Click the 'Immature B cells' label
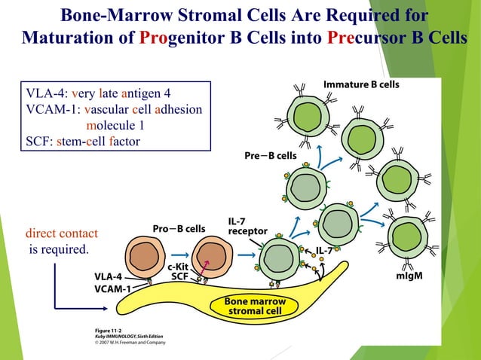pos(361,85)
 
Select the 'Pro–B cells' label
pos(179,228)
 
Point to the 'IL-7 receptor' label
pos(244,227)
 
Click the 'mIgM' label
pos(409,276)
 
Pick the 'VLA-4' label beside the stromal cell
pos(110,276)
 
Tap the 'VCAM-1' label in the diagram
pos(112,288)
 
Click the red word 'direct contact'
pos(61,233)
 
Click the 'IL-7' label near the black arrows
pos(326,251)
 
